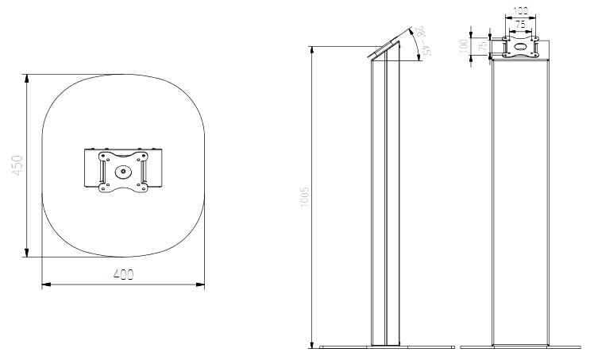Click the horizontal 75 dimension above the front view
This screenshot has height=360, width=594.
pos(519,25)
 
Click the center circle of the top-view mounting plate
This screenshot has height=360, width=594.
pos(122,170)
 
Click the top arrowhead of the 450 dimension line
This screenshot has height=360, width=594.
pos(27,78)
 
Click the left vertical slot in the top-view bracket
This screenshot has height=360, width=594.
pos(102,171)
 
